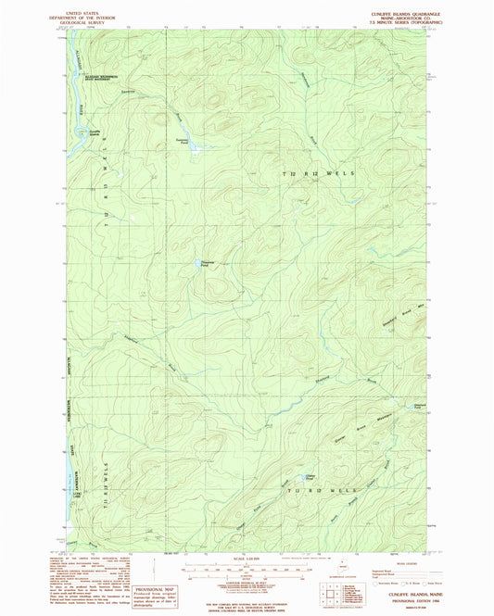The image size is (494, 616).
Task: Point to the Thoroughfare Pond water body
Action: click(207, 265)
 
